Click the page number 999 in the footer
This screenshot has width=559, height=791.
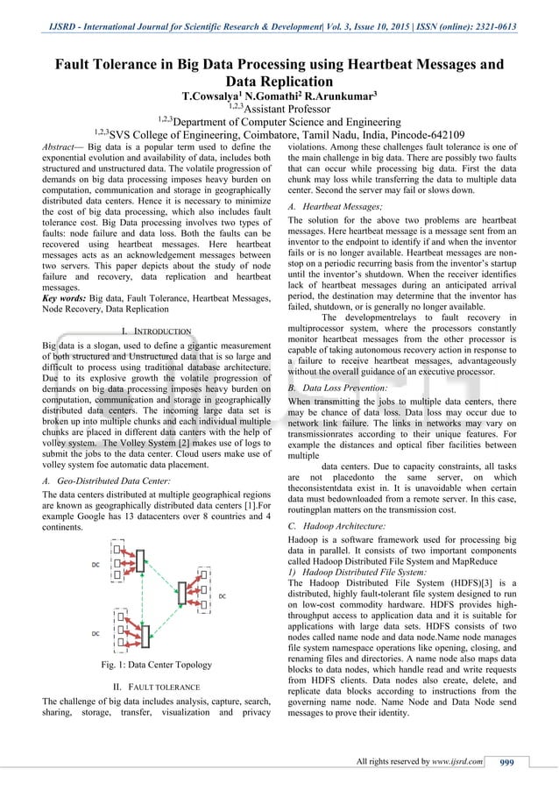click(x=506, y=761)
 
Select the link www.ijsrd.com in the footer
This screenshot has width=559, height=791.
click(x=455, y=761)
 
